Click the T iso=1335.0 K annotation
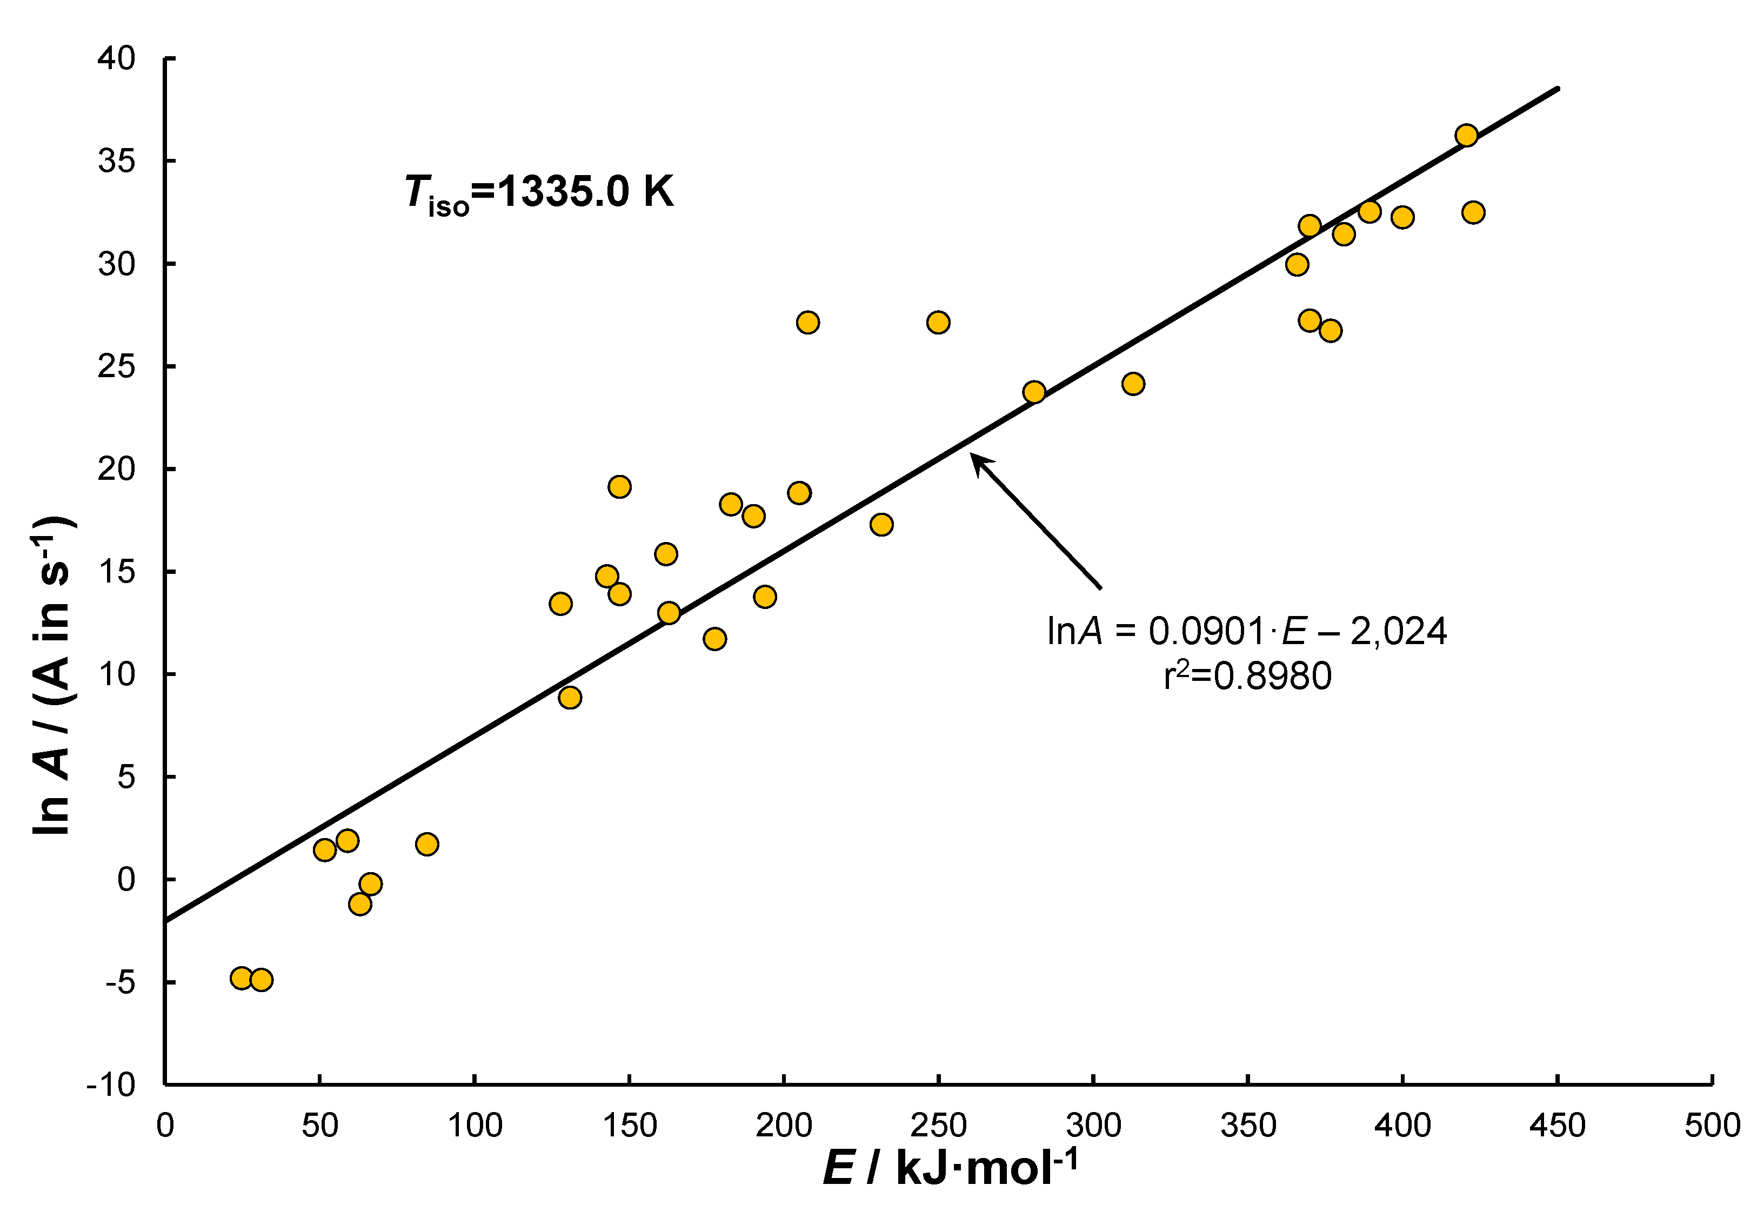click(x=538, y=192)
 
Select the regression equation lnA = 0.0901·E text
click(x=1246, y=631)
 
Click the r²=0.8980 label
click(x=1247, y=675)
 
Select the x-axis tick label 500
click(x=1712, y=1126)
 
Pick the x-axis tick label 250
click(x=938, y=1126)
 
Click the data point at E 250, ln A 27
click(x=938, y=323)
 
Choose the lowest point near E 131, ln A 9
click(x=570, y=697)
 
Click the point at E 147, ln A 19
click(x=619, y=487)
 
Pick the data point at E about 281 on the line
click(x=1034, y=392)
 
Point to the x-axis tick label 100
click(x=475, y=1126)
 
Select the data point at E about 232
click(x=881, y=525)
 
